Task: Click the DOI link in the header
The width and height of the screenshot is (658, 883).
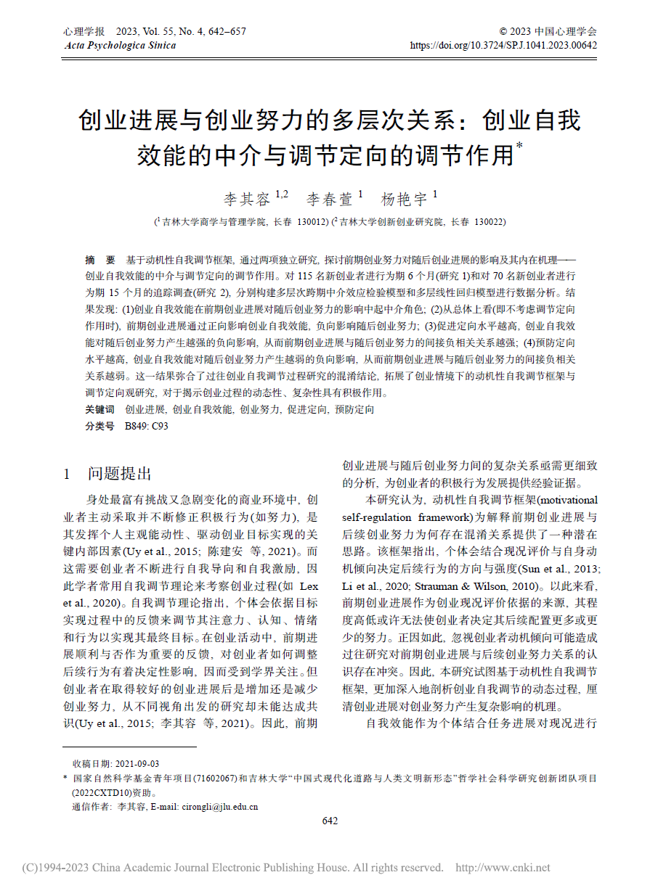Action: pos(504,45)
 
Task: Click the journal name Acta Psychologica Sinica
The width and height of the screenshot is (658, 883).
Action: pos(120,45)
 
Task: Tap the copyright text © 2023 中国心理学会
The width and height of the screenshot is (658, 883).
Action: pos(548,32)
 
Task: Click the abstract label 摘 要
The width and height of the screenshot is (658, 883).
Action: pos(100,260)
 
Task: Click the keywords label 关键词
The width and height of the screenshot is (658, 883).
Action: pos(99,410)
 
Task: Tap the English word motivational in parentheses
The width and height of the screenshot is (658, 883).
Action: pos(569,501)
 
